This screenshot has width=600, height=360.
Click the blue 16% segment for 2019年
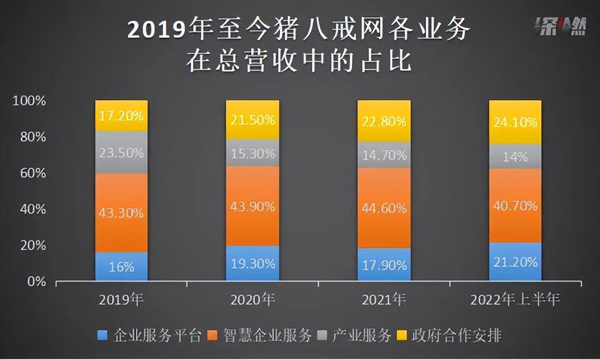tap(121, 266)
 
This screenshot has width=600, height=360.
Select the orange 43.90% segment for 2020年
tap(252, 206)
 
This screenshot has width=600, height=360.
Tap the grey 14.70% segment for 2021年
tap(384, 155)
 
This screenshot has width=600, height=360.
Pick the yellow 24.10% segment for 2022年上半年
tap(515, 122)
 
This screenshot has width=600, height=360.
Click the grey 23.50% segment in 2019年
tap(121, 153)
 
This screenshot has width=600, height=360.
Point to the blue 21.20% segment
tap(515, 262)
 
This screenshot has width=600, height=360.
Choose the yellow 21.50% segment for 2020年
tap(252, 120)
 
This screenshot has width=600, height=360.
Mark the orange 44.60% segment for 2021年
tap(384, 208)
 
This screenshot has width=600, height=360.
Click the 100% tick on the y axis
tap(30, 101)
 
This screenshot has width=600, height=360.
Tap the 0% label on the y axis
tap(36, 282)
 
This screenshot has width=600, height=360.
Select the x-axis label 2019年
tap(121, 300)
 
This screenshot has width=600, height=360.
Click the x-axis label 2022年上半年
tap(515, 300)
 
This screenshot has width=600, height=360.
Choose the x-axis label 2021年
tap(384, 300)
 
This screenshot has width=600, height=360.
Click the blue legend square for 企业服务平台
tap(103, 336)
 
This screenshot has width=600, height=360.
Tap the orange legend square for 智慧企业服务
tap(211, 336)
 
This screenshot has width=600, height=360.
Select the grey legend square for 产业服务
tap(321, 336)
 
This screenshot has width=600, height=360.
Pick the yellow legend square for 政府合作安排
tap(401, 336)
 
